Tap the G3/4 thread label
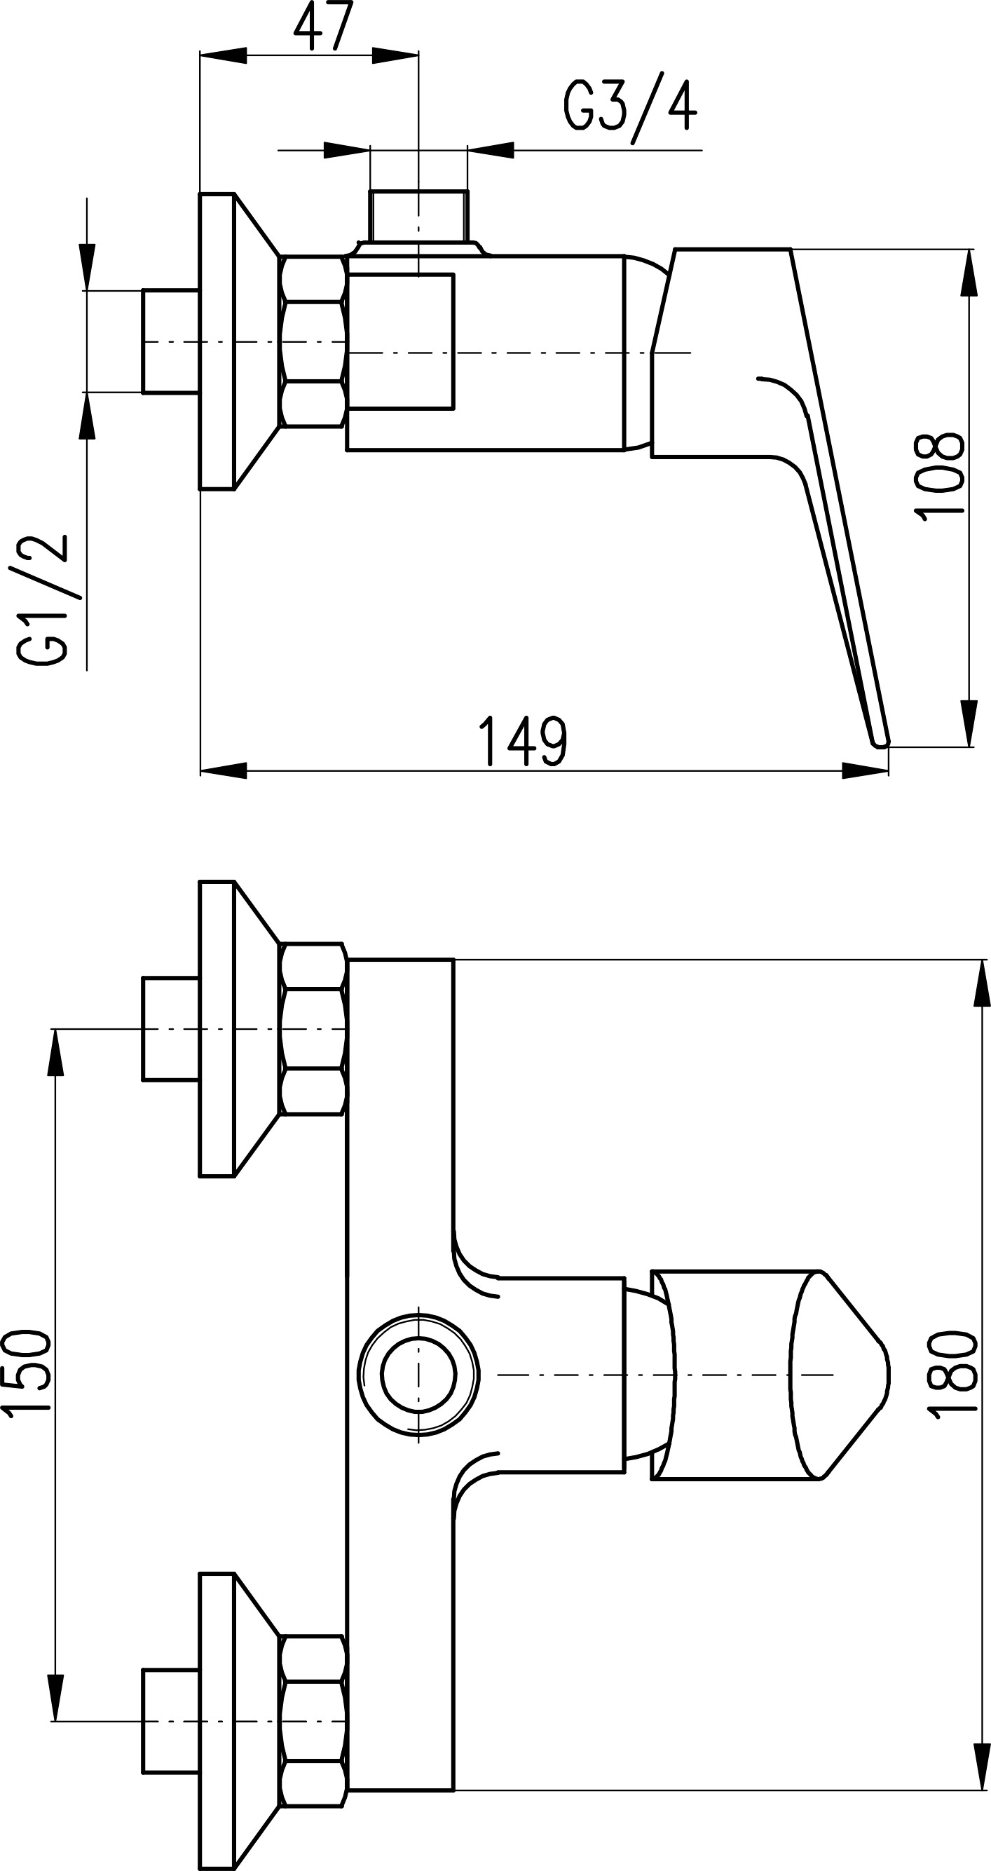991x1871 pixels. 629,109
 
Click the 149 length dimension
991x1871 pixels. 522,741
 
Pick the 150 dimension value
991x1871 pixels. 26,1373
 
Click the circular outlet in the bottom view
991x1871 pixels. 419,1375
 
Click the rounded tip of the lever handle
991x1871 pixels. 880,742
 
